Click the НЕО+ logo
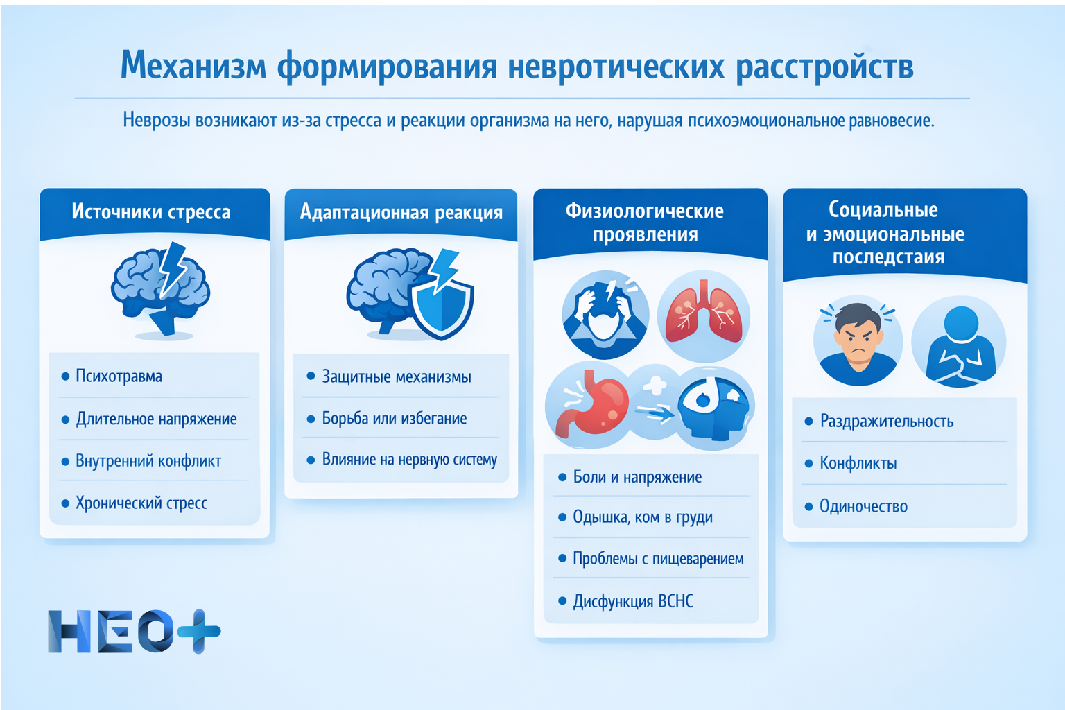point(134,631)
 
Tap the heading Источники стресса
point(151,211)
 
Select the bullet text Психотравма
point(119,376)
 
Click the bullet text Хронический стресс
point(141,503)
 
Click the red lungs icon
point(703,316)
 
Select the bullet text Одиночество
point(863,506)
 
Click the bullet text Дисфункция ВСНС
point(632,601)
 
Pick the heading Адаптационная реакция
point(401,212)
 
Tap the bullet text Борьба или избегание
point(394,419)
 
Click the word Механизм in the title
point(193,67)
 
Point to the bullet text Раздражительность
point(887,422)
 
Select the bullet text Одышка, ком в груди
point(642,517)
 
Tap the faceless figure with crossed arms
point(960,344)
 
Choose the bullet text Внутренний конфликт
point(148,461)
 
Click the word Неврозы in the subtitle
point(157,121)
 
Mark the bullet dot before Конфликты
point(808,463)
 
